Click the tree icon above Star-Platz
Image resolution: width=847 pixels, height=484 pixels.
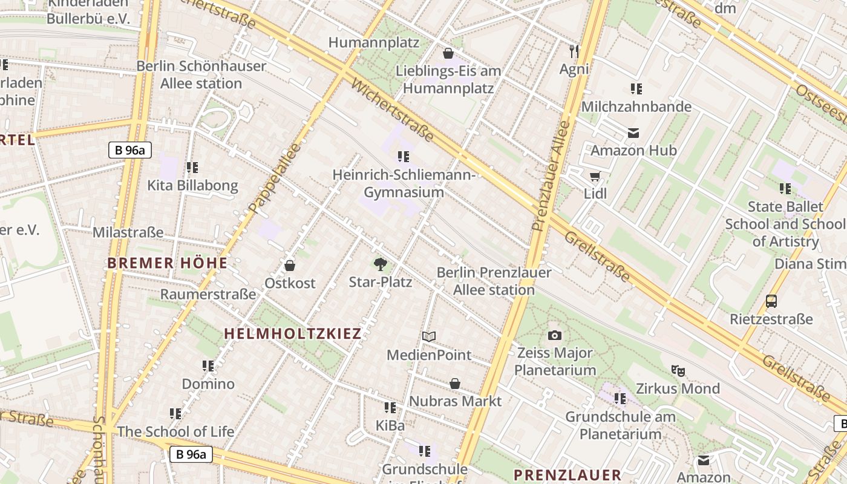coord(380,264)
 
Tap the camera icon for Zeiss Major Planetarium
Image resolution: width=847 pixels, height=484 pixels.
coord(554,335)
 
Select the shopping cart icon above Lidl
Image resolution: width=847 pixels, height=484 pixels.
coord(595,177)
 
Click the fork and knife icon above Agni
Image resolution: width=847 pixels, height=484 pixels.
coord(574,51)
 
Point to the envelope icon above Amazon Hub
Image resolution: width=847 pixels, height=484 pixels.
coord(633,132)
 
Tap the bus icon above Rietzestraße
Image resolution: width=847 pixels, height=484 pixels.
coord(771,301)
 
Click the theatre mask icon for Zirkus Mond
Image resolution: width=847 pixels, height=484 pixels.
coord(678,370)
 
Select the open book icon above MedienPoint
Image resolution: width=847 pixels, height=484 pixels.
coord(429,336)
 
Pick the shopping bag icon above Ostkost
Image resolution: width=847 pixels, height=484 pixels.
coord(290,266)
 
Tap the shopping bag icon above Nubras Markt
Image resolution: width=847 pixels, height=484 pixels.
coord(455,384)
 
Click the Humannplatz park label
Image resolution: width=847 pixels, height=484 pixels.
coord(374,42)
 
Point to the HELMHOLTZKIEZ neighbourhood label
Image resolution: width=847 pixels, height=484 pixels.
coord(293,333)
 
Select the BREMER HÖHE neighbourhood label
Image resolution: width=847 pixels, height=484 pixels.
coord(168,263)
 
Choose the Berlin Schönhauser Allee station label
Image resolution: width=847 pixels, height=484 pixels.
coord(201,74)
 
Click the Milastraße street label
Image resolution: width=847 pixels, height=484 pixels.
coord(128,232)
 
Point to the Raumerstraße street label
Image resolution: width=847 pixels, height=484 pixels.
coord(208,294)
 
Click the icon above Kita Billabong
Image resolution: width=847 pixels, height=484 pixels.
coord(192,168)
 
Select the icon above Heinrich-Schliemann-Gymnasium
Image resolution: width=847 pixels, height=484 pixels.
coord(404,157)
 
